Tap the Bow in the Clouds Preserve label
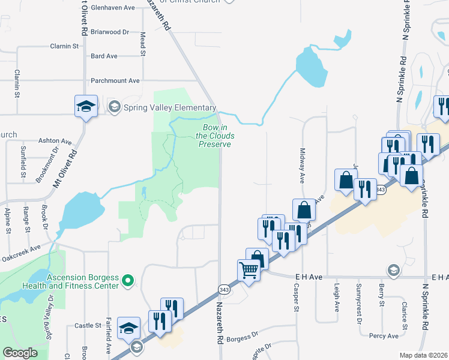click(215, 136)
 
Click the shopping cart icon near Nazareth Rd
click(248, 270)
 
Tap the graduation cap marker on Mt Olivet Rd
click(86, 107)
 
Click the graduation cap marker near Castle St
click(128, 328)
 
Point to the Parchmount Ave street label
click(115, 80)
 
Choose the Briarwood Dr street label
click(109, 32)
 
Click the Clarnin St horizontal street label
click(65, 46)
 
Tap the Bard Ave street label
click(104, 56)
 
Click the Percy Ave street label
click(384, 335)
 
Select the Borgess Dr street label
click(243, 337)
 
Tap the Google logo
click(20, 353)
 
